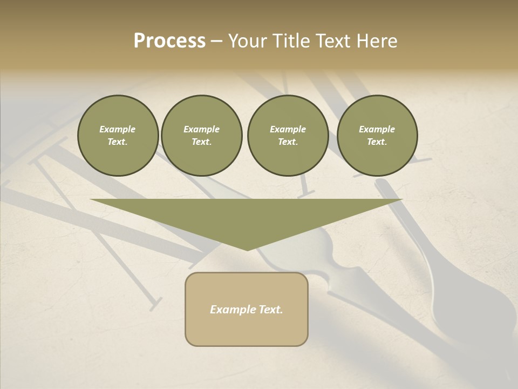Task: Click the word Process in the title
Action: click(x=169, y=41)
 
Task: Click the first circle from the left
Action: click(x=118, y=136)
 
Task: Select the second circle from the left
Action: click(x=201, y=136)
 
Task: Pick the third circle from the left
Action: click(x=288, y=136)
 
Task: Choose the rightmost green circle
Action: click(x=377, y=136)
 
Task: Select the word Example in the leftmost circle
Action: click(x=118, y=129)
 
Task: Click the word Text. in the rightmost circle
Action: click(x=377, y=142)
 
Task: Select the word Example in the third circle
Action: click(x=288, y=129)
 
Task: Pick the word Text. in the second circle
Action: click(x=201, y=142)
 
